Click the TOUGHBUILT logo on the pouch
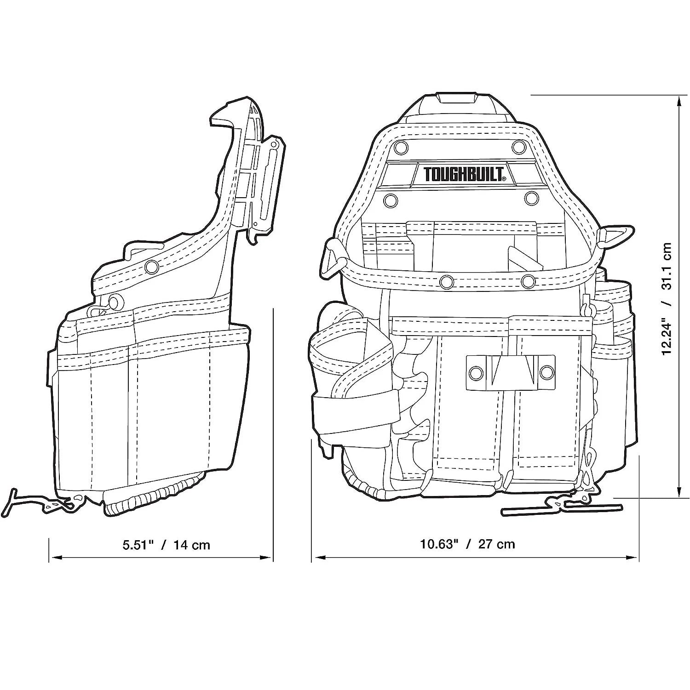(465, 174)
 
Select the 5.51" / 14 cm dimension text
(166, 545)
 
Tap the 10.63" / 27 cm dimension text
(467, 544)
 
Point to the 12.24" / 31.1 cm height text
(667, 298)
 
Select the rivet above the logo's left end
(400, 147)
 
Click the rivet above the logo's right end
(519, 147)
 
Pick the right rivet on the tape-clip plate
(546, 372)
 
